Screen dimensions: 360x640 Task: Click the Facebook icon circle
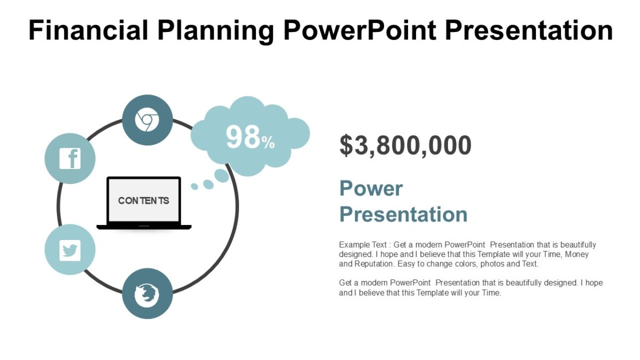(x=70, y=158)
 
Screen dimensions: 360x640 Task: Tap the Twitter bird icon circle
(x=70, y=250)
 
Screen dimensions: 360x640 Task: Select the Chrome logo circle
(x=147, y=120)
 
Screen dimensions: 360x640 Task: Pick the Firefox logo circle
(x=147, y=294)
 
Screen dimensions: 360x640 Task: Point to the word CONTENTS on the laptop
(x=143, y=201)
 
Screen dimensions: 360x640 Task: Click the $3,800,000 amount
(x=405, y=146)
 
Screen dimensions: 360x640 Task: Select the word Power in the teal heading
(x=371, y=188)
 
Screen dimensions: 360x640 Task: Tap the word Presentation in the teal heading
(x=403, y=214)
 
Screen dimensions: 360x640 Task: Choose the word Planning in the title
(x=214, y=30)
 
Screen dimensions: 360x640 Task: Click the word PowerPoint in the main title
(x=359, y=30)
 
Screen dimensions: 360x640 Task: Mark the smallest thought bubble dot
(x=195, y=186)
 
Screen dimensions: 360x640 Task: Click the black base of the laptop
(x=144, y=227)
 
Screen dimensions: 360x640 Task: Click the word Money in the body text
(x=577, y=254)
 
